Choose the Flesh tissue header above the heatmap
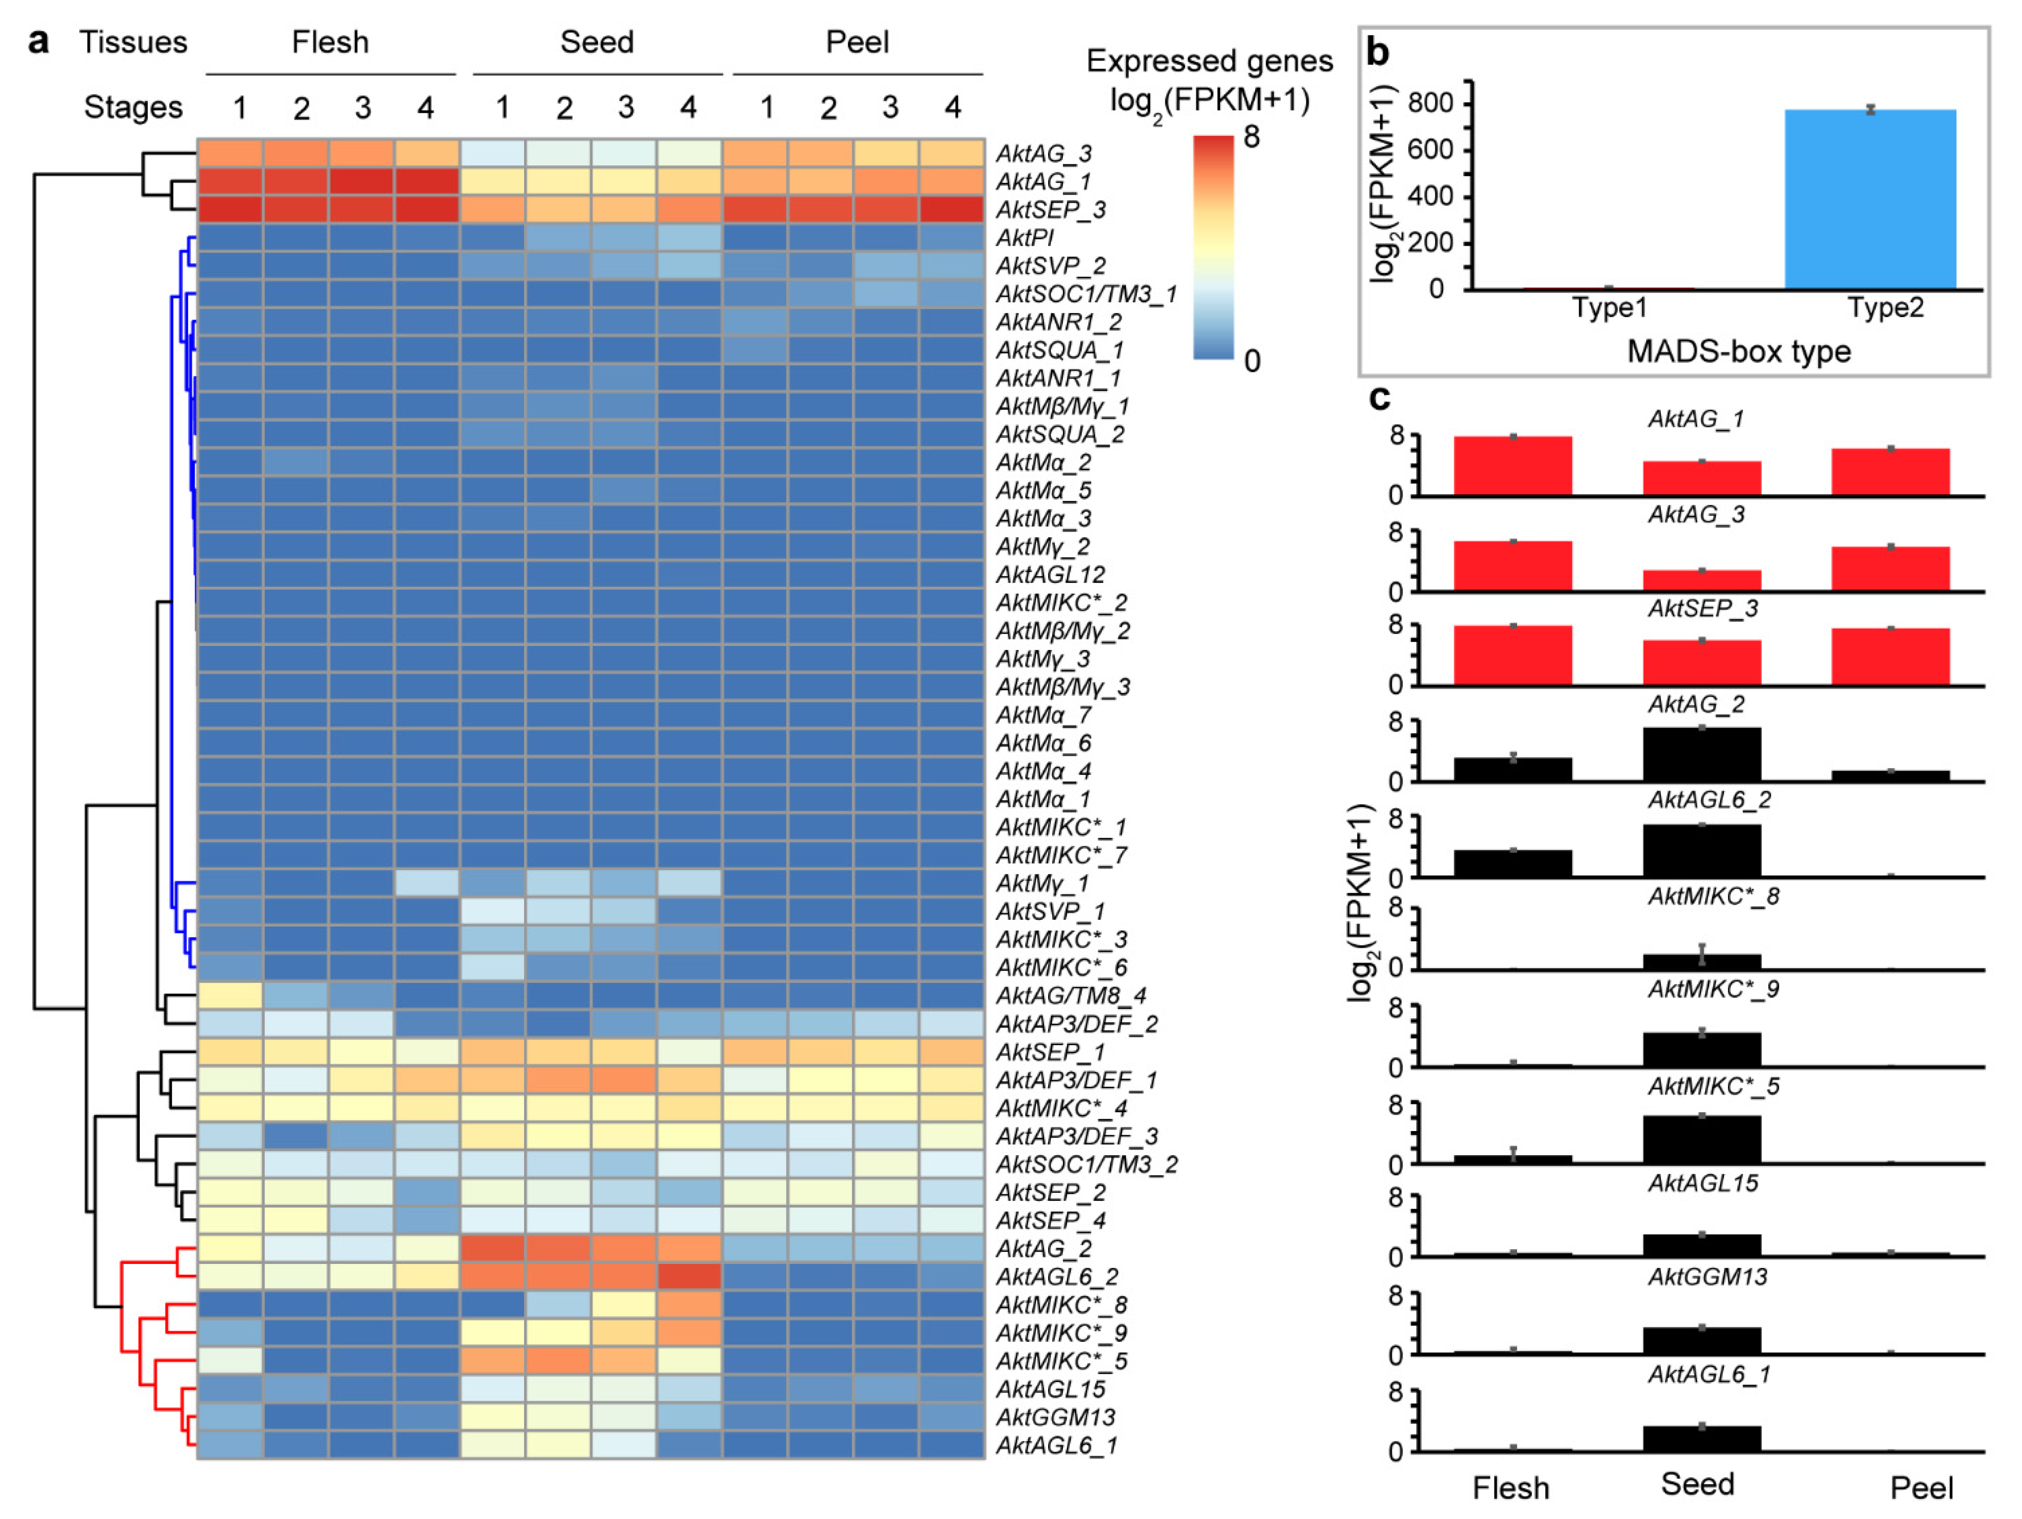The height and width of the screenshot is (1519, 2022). pos(330,42)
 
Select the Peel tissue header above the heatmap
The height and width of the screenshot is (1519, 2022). pos(857,42)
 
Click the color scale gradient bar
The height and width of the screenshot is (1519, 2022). pos(1213,247)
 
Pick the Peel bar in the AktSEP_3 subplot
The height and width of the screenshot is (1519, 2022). pos(1890,656)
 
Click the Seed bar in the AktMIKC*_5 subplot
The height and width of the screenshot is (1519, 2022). pos(1701,1139)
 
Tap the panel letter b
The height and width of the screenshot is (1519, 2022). pos(1378,53)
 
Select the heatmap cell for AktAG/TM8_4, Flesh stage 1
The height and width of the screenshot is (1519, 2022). pos(231,995)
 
